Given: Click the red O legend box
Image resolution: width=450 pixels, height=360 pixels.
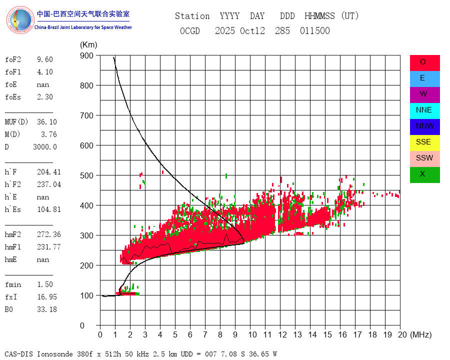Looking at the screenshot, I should click(424, 62).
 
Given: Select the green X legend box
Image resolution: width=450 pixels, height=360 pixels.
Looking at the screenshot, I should click(424, 174).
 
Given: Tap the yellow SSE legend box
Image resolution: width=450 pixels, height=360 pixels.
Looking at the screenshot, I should click(424, 142).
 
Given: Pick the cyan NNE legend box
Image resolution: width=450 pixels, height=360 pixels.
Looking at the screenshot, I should click(424, 110).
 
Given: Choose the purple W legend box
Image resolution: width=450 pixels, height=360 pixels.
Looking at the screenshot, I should click(424, 94).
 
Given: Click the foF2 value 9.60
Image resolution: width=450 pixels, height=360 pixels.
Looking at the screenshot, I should click(44, 59).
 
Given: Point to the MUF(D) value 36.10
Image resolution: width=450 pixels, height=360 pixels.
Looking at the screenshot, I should click(47, 122).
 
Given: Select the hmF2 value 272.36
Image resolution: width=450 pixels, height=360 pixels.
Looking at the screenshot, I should click(49, 234).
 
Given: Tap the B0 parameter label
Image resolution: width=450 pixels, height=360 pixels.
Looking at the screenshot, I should click(9, 309).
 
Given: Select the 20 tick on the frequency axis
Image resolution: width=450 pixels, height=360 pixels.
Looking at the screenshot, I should click(400, 334).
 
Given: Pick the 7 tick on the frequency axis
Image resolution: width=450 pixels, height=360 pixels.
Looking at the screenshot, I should click(205, 334).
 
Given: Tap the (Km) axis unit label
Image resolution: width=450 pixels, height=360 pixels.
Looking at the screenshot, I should click(88, 45).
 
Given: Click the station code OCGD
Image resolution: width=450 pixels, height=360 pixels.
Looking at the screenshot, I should click(189, 31).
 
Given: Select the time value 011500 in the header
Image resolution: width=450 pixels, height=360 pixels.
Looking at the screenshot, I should click(315, 31).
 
